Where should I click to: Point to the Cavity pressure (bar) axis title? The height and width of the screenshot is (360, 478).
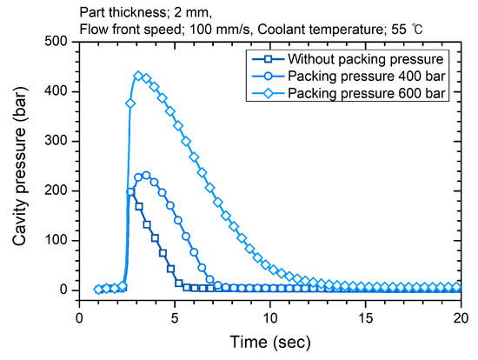[x=18, y=165]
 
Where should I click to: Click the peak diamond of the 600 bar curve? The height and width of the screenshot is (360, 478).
[x=138, y=76]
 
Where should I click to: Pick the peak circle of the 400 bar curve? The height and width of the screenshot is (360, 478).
[x=146, y=175]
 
